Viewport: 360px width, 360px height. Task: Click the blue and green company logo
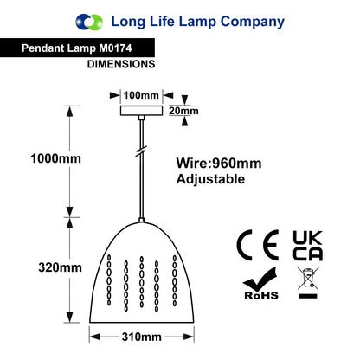pos(89,22)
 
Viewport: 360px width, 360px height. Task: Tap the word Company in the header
pos(253,22)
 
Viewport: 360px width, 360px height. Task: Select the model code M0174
pos(115,48)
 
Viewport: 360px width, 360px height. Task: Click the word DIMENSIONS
pos(121,64)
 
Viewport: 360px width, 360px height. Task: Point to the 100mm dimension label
pos(141,95)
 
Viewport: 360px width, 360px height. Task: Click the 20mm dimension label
pos(183,111)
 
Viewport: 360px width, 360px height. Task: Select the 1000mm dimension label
pos(56,158)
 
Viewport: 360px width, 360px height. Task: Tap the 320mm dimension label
pos(60,267)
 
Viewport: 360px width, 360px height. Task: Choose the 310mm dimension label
pos(141,337)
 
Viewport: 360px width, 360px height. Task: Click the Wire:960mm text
pos(219,164)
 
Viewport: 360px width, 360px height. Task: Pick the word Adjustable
pos(210,179)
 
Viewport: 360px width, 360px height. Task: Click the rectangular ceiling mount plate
pos(141,111)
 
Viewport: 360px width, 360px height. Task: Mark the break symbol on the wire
pos(141,151)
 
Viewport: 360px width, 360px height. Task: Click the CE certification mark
pos(258,245)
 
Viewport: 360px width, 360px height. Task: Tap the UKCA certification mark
pos(308,246)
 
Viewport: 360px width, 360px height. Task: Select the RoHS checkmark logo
pos(261,284)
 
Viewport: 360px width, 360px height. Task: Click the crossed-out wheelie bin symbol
pos(308,282)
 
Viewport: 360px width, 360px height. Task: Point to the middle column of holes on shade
pos(142,282)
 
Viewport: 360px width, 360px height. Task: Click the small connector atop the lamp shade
pos(141,220)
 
